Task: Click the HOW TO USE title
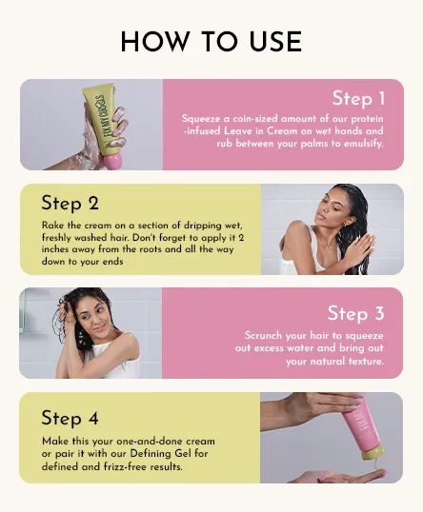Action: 211,42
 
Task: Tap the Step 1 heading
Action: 358,98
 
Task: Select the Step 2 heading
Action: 70,203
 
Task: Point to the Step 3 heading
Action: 355,313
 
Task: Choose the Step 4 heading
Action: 70,418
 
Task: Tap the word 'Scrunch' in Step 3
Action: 263,336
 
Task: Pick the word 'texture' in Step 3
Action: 366,362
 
